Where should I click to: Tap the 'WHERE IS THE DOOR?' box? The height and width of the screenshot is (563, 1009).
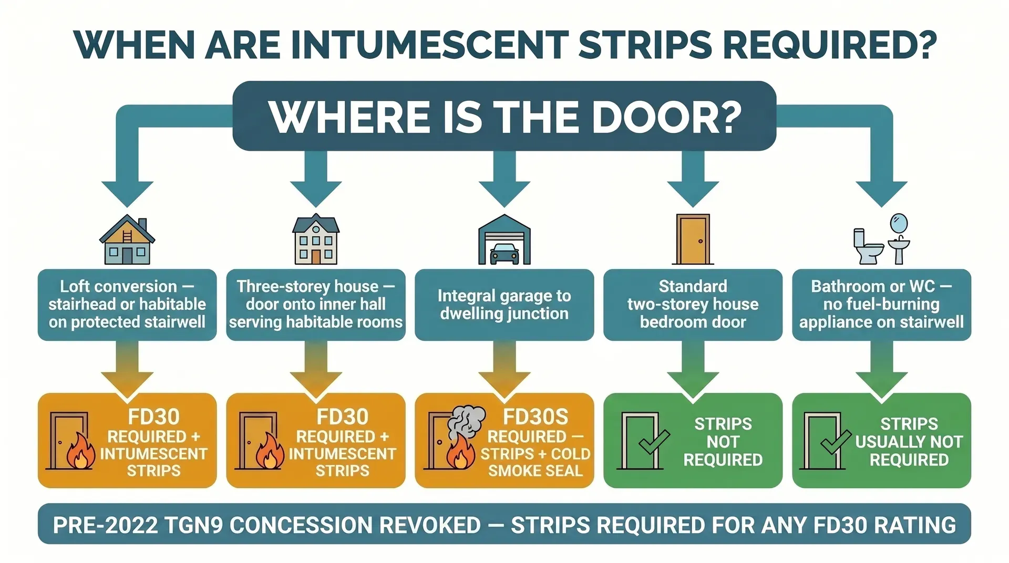point(504,116)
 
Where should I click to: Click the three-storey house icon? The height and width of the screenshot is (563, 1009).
point(316,239)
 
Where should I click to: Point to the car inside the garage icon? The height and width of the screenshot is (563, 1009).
point(504,254)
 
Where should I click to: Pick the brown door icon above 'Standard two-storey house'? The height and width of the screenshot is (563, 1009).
point(693,239)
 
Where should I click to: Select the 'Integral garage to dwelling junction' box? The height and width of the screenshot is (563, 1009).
point(504,305)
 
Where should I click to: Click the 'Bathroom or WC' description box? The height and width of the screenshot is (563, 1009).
point(881,305)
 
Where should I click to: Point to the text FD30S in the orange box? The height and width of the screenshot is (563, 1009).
point(535,417)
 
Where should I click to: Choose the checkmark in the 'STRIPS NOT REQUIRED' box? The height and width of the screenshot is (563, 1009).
point(654,442)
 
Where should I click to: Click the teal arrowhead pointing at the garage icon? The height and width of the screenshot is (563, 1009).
point(504,192)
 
